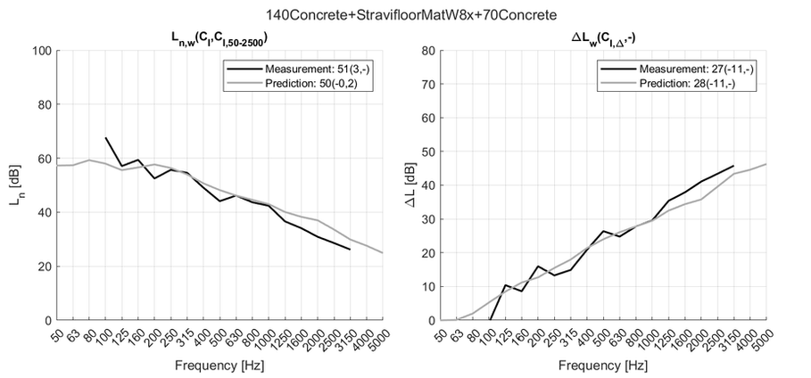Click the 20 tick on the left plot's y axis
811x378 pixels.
(x=42, y=267)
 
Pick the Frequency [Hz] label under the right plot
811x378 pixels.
(x=603, y=366)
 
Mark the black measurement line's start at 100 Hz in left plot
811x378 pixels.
(x=106, y=138)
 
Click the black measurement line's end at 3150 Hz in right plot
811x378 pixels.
(x=733, y=166)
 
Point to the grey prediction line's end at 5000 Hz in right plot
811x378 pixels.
(x=766, y=164)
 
